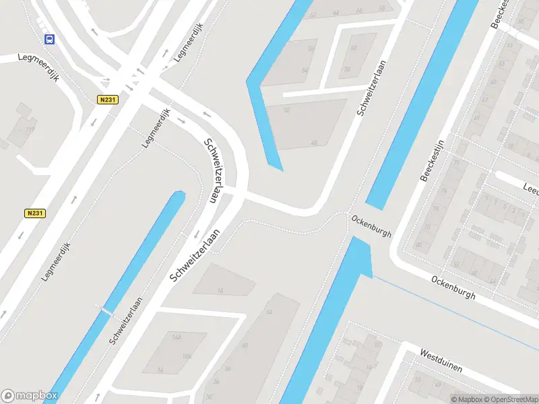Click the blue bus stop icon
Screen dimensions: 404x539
(x=49, y=39)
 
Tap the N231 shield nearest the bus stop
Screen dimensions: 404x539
(x=106, y=100)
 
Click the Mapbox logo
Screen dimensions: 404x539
(x=29, y=396)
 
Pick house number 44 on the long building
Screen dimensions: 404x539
(x=269, y=312)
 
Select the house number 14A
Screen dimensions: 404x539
(x=178, y=337)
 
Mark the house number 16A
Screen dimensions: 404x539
(x=187, y=357)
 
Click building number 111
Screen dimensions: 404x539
(x=30, y=129)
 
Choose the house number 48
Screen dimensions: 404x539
(x=314, y=143)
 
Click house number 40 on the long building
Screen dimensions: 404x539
(x=245, y=345)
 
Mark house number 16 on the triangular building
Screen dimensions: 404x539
(x=220, y=290)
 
